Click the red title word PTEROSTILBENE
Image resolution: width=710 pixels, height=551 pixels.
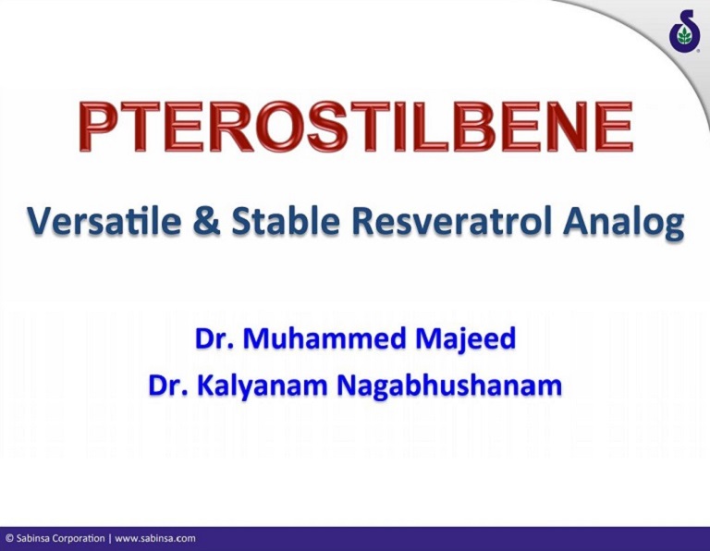tap(355, 128)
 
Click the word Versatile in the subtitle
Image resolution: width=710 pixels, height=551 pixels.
tap(100, 222)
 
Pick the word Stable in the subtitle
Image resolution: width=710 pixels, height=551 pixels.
tap(280, 222)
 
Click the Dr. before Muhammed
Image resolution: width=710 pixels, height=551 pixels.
tap(214, 339)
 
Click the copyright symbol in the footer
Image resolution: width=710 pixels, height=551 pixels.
tap(9, 538)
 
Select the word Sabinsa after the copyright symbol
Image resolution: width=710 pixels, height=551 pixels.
tap(35, 538)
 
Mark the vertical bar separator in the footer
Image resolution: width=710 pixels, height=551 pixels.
tap(110, 538)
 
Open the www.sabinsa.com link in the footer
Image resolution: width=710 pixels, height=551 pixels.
tap(154, 538)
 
